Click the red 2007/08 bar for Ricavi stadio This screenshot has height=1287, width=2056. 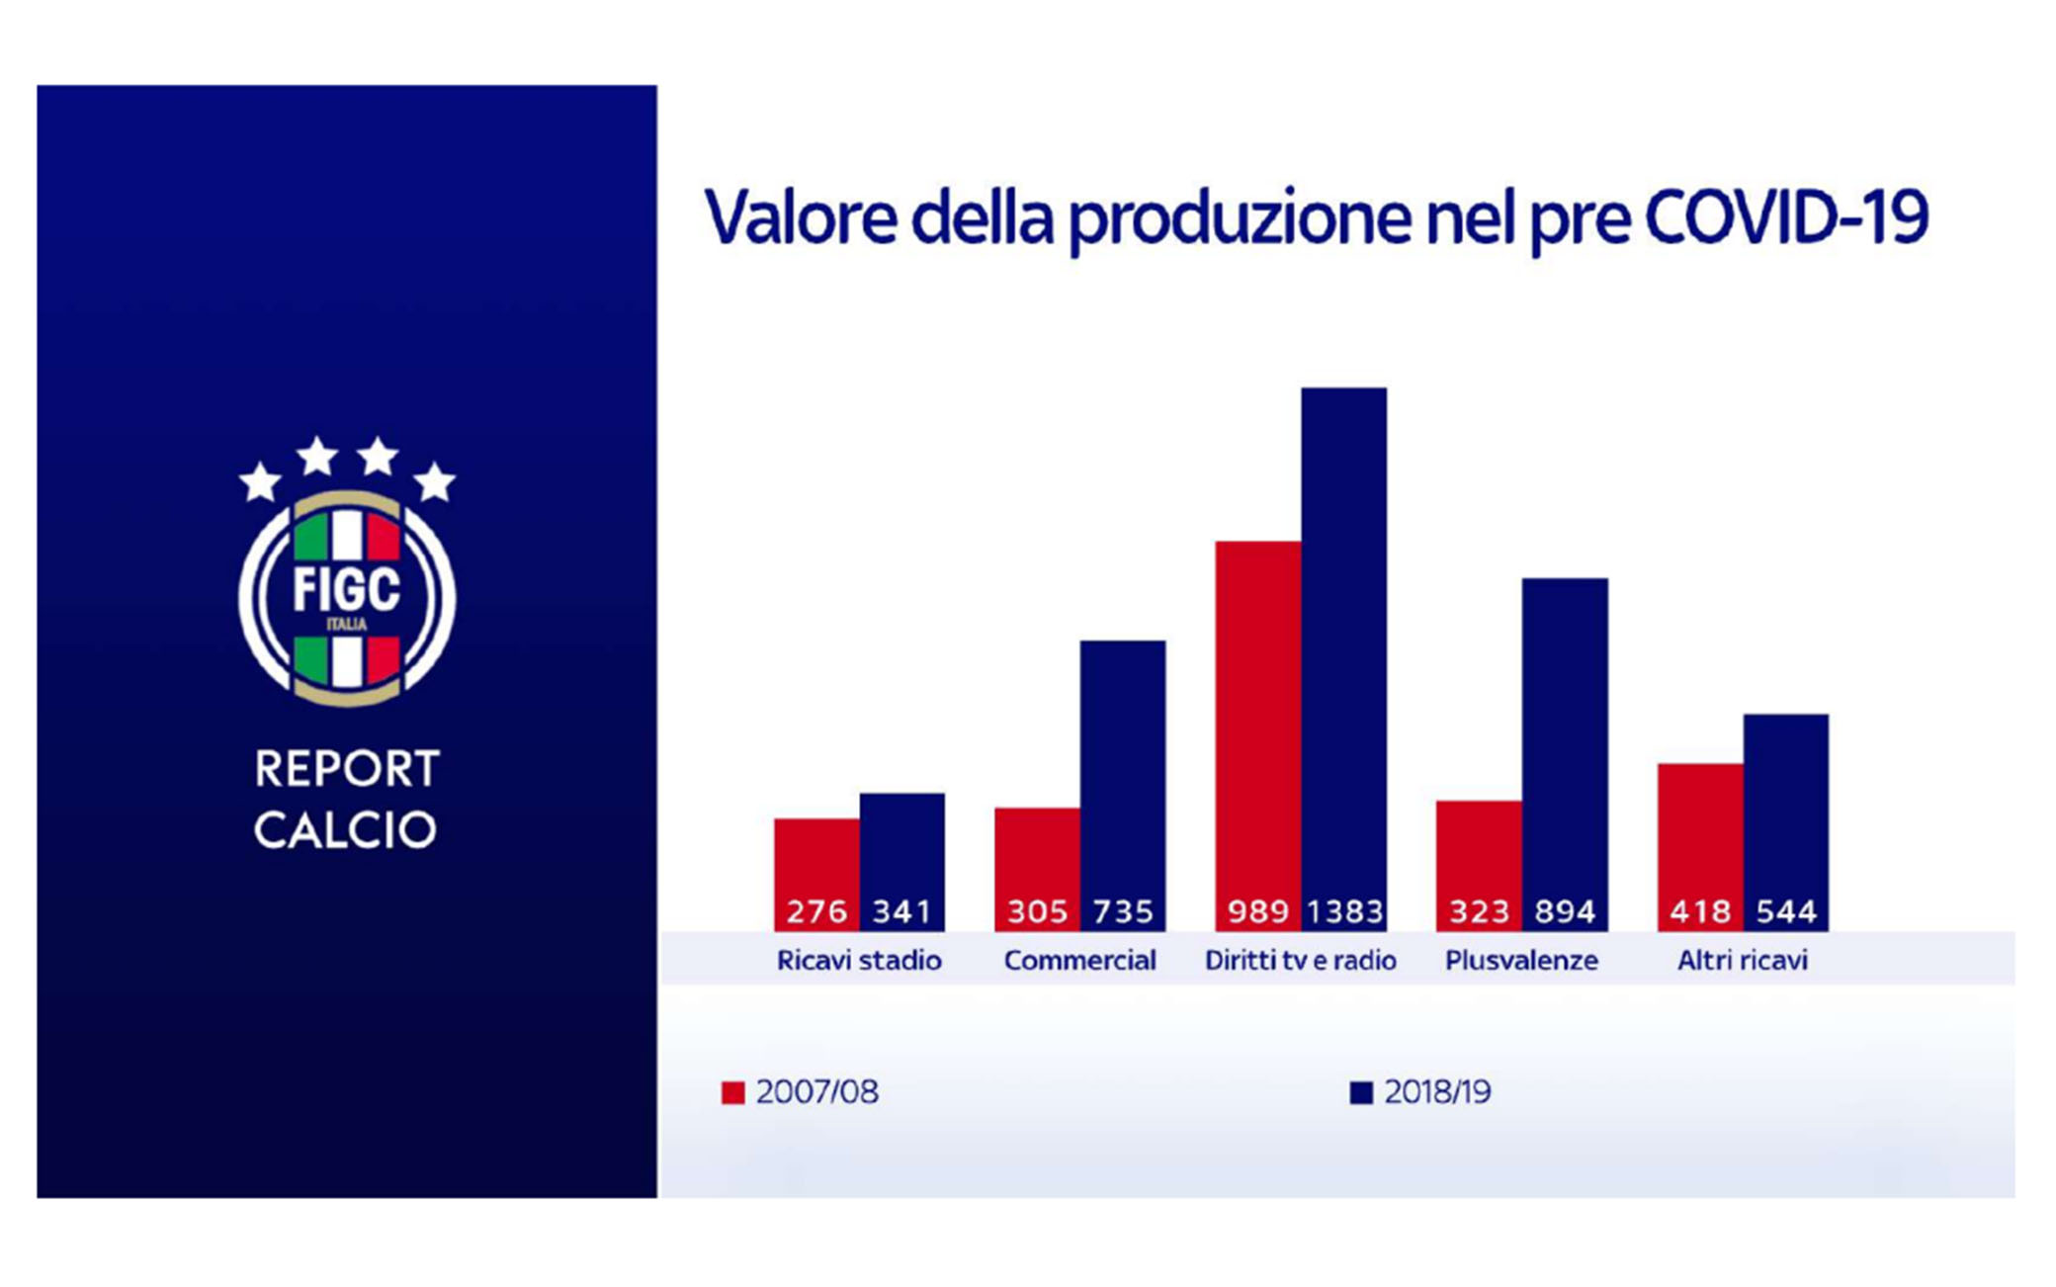816,875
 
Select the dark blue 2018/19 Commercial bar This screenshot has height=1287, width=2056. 1123,786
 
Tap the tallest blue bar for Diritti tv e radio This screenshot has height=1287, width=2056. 1344,659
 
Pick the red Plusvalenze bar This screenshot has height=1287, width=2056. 1479,866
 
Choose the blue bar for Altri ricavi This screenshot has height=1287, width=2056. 1786,822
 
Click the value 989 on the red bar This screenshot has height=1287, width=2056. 1258,911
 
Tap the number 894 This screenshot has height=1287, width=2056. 1565,911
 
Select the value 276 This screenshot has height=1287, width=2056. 816,911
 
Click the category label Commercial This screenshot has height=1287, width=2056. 1079,960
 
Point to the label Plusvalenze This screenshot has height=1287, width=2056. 1521,960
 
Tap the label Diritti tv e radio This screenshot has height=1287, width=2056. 1301,960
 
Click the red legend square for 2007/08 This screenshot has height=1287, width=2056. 732,1092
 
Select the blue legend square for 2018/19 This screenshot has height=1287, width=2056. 1361,1092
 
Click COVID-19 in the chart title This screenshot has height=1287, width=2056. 1786,216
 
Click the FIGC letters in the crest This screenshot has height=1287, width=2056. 347,590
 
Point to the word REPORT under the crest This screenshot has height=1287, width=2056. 347,769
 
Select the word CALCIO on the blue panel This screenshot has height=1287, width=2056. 345,830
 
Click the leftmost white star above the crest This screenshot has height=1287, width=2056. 261,481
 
